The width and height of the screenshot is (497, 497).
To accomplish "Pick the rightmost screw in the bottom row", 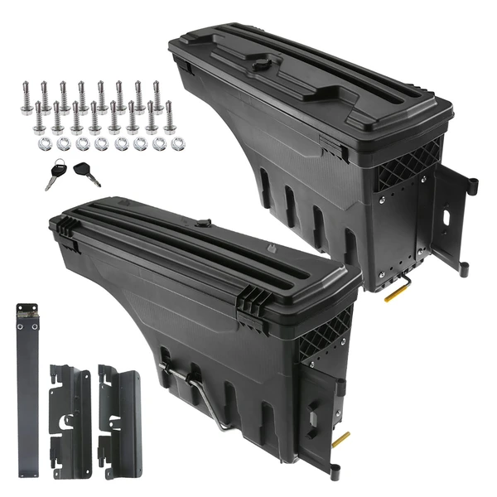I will coord(169,117).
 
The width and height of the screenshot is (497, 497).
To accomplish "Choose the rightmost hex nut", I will coord(176,143).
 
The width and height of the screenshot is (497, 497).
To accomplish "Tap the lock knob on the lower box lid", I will coord(202,224).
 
